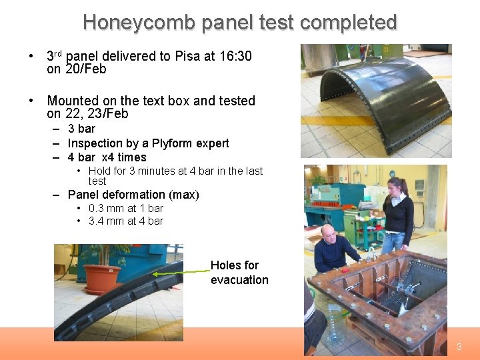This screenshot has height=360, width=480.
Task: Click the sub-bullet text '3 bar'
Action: pos(81,129)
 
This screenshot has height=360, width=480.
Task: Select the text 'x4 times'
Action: pos(123,157)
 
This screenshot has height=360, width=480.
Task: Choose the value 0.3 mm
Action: pos(106,208)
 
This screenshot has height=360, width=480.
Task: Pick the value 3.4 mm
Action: pos(106,221)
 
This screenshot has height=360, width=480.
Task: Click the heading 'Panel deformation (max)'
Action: pos(133,195)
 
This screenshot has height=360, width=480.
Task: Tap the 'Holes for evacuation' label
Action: pos(239,273)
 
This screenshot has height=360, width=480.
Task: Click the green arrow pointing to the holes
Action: pos(180,272)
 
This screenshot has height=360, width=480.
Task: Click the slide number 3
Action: pos(459,347)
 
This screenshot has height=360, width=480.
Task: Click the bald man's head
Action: pos(328,233)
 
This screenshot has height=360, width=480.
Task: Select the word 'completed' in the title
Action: pos(348,23)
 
